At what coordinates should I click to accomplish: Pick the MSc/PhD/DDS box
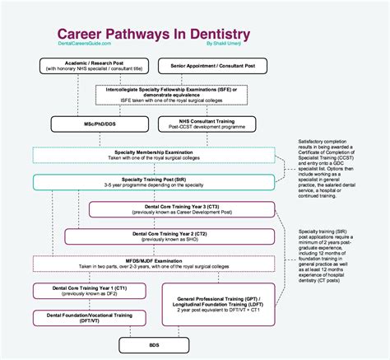pyautogui.click(x=86, y=124)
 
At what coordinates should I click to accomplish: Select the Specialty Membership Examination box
pyautogui.click(x=155, y=154)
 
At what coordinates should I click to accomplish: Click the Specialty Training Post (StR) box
pyautogui.click(x=155, y=182)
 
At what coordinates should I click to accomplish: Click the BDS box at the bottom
pyautogui.click(x=154, y=345)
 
